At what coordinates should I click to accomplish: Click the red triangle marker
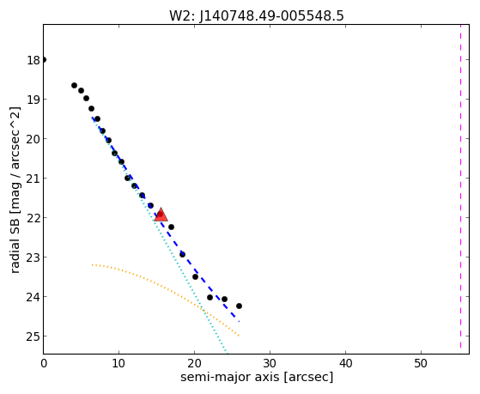click(x=161, y=215)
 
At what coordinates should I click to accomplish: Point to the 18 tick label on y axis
click(x=33, y=60)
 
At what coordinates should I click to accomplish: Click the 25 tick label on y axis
click(x=33, y=336)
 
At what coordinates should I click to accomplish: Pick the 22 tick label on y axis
click(x=33, y=218)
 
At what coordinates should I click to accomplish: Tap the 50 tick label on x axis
click(x=421, y=363)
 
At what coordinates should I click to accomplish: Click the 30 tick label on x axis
click(x=270, y=363)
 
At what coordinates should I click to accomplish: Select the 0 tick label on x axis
click(x=44, y=363)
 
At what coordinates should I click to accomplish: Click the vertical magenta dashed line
click(x=460, y=187)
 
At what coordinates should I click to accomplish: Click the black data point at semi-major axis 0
click(x=44, y=60)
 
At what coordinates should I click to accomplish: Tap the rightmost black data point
click(x=239, y=306)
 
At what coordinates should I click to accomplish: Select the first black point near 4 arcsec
click(x=74, y=86)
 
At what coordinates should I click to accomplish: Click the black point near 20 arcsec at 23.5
click(x=195, y=276)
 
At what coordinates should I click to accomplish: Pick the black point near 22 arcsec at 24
click(x=210, y=297)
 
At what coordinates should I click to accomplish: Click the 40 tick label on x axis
click(x=345, y=363)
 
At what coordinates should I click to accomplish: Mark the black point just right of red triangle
click(x=172, y=227)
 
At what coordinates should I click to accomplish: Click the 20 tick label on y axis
click(x=33, y=139)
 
